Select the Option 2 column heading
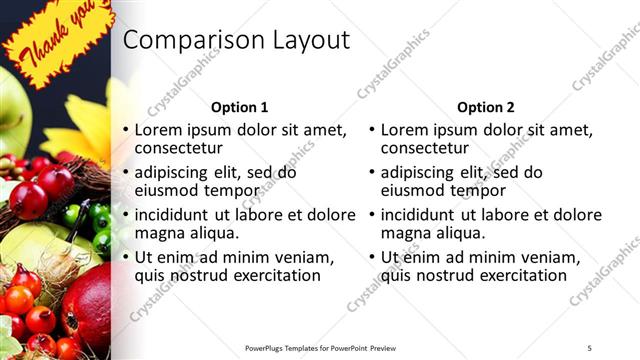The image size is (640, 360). coord(486,107)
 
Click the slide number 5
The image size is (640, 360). coord(590,347)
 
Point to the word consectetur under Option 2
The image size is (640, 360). coord(426,148)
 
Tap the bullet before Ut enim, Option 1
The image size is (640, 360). coord(125,258)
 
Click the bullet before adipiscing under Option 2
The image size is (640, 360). coord(371,173)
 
